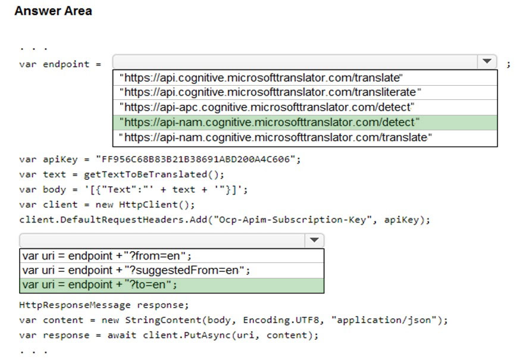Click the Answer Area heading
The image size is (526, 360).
click(x=53, y=11)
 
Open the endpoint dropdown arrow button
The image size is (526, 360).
click(x=487, y=61)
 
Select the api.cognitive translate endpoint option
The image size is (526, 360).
click(x=261, y=78)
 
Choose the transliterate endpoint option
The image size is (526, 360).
click(x=270, y=92)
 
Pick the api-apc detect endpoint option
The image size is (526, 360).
click(x=267, y=107)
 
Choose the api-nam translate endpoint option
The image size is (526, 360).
click(x=275, y=137)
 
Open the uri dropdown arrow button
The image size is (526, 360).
click(x=314, y=240)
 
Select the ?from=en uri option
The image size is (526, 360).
click(x=107, y=256)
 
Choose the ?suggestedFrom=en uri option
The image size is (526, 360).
click(x=136, y=270)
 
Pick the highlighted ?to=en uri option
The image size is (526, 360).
click(x=99, y=285)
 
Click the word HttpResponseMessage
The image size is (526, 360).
click(x=75, y=305)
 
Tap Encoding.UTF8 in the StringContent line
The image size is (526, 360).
click(x=280, y=320)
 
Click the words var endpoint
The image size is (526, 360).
click(x=54, y=64)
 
